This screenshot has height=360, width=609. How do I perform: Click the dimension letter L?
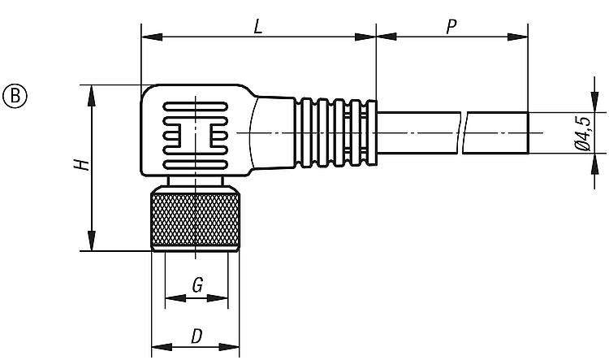tap(258, 27)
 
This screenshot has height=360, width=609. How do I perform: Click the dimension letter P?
tap(451, 27)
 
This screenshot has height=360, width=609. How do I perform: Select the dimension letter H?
tap(82, 165)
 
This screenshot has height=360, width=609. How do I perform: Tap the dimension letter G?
tap(197, 285)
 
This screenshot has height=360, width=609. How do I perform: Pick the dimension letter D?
tap(197, 336)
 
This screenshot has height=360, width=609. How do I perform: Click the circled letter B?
tap(15, 96)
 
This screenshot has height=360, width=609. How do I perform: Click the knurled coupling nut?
tap(195, 219)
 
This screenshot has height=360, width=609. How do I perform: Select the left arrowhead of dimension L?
tap(152, 37)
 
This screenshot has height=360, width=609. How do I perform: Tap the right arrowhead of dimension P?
tap(518, 37)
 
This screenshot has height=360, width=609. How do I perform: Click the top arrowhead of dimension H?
tap(92, 95)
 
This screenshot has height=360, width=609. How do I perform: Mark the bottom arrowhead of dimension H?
tap(92, 241)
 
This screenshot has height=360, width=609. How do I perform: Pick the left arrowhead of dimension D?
tap(162, 347)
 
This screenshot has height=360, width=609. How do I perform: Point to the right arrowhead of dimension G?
tap(218, 298)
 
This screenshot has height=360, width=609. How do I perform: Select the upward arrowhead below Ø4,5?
tap(594, 163)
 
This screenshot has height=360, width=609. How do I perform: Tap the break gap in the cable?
tap(462, 132)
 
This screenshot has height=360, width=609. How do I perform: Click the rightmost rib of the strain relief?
tap(372, 132)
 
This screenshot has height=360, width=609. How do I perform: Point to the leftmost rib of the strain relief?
tap(306, 132)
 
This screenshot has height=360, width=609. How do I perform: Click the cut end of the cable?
tap(528, 132)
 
